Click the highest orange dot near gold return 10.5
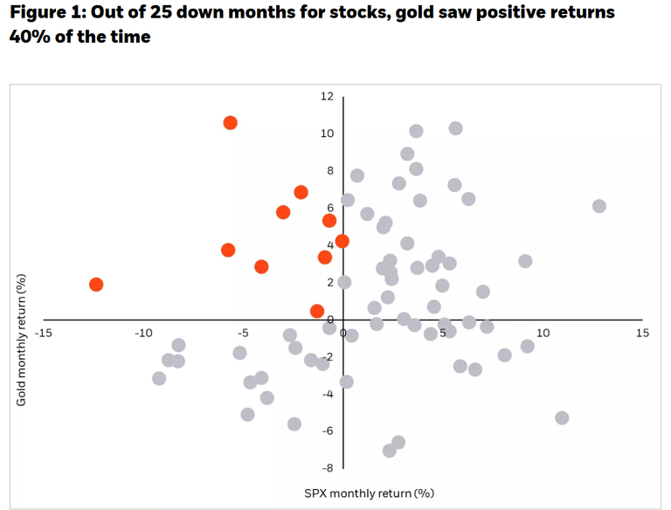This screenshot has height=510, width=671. click(x=230, y=123)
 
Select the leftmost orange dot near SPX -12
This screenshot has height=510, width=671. click(x=96, y=285)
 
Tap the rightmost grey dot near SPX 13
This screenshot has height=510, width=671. click(x=598, y=206)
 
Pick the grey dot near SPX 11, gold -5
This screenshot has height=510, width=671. click(x=562, y=417)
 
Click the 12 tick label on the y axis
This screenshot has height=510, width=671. click(x=327, y=96)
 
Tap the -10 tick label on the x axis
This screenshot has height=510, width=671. click(x=144, y=334)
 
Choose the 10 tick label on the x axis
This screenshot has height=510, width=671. click(x=543, y=334)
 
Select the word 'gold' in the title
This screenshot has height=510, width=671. click(x=391, y=13)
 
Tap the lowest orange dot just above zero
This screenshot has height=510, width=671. click(x=317, y=312)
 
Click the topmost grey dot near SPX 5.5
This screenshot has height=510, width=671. click(x=455, y=128)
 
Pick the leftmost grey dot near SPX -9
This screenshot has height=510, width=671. click(x=159, y=378)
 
